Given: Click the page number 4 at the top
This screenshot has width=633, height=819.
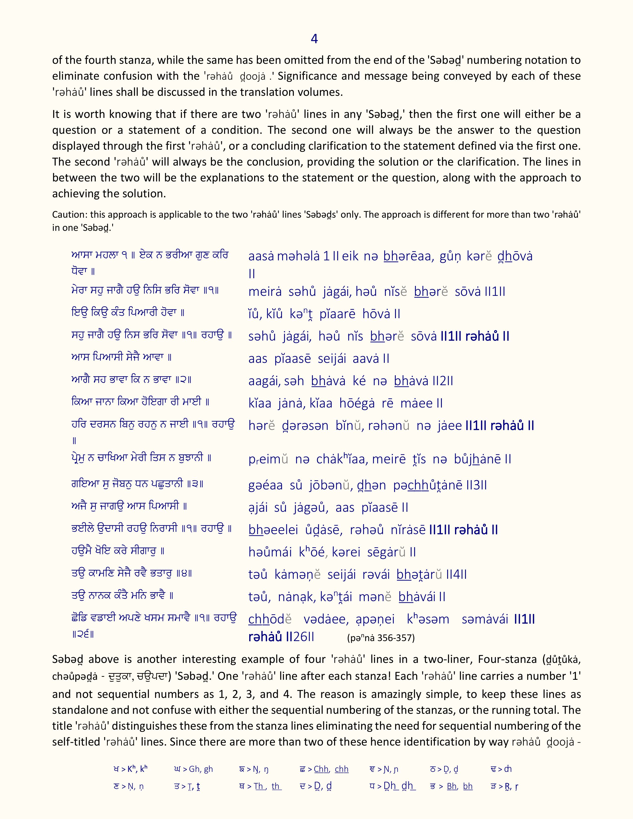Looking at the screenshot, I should (x=314, y=39).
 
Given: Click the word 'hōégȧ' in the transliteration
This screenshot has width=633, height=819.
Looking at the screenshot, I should (x=357, y=404).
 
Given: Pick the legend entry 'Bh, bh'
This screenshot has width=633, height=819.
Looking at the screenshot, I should (x=459, y=786).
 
